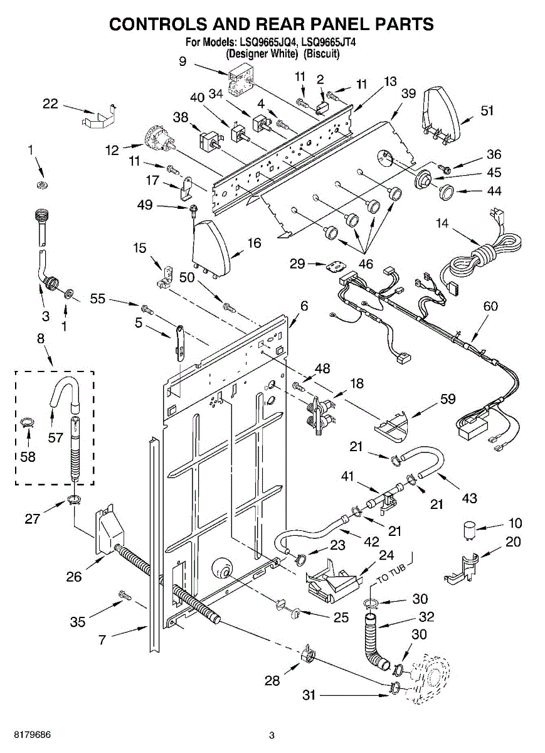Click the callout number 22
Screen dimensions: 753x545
(x=51, y=104)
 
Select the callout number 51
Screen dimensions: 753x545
(x=487, y=110)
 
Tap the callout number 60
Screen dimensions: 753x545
(x=491, y=306)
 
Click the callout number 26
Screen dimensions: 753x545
(x=75, y=577)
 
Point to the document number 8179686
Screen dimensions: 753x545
(x=26, y=734)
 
